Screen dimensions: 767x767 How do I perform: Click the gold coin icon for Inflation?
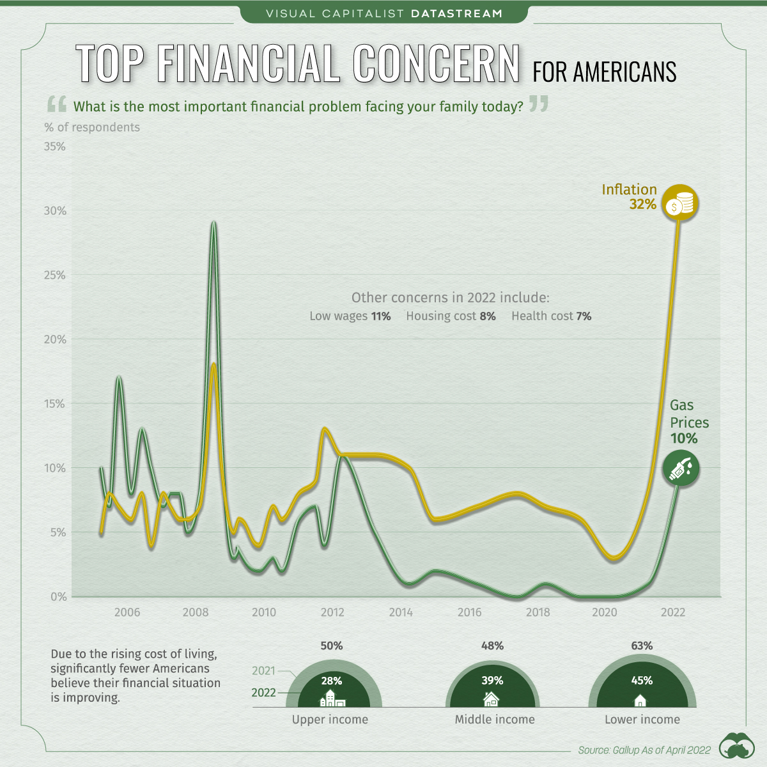pos(679,204)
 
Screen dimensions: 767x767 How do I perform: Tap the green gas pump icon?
pos(680,469)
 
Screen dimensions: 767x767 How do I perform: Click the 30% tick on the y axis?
pos(55,211)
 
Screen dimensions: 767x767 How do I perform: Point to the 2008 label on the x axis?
pos(196,612)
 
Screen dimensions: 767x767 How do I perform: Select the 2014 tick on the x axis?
pos(401,612)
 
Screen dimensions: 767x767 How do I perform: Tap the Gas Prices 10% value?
pos(683,438)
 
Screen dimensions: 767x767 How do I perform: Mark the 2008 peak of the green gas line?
pos(213,223)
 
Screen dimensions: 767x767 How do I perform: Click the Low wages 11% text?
pos(350,316)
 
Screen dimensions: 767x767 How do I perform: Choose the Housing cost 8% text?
pos(451,316)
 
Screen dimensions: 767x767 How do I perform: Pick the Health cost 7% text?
pos(551,316)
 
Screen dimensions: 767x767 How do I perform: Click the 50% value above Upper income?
pos(332,646)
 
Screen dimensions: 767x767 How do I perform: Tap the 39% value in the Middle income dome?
pos(492,681)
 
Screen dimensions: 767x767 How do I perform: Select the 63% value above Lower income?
pos(642,646)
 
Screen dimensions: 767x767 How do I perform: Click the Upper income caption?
pos(330,720)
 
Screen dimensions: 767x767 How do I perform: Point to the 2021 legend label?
pos(263,670)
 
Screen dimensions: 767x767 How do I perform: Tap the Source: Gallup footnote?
pos(644,750)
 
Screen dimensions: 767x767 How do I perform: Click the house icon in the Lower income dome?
pos(640,701)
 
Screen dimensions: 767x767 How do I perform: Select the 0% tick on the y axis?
pos(59,597)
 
